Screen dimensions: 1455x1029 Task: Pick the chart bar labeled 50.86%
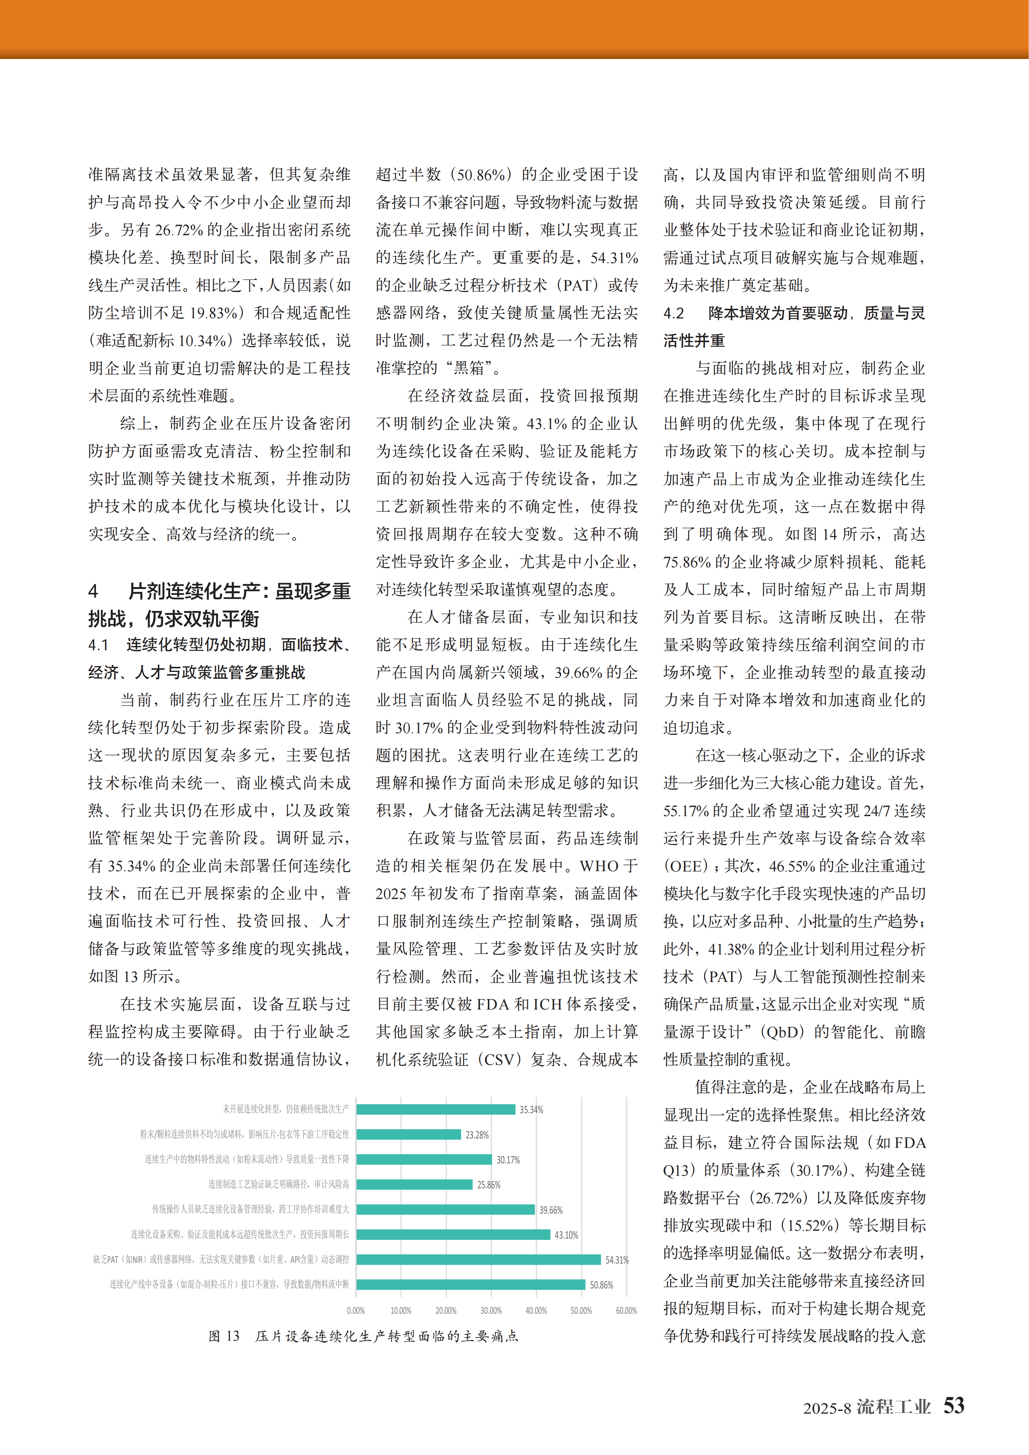(x=471, y=1285)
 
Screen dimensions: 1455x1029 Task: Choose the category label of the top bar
(x=285, y=1109)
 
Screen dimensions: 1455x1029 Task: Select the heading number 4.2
(x=673, y=313)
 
